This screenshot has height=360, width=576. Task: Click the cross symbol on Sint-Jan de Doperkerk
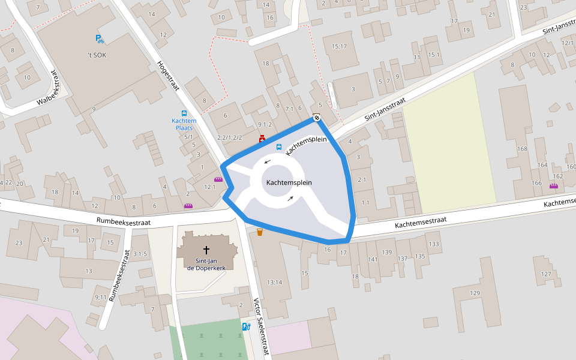pyautogui.click(x=206, y=249)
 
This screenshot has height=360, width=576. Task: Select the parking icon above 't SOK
pyautogui.click(x=99, y=40)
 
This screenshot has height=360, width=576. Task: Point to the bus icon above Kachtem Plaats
pyautogui.click(x=184, y=113)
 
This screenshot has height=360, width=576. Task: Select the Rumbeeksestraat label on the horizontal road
pyautogui.click(x=124, y=221)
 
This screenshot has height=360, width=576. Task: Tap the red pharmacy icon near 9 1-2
pyautogui.click(x=262, y=139)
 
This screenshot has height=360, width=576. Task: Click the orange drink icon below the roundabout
pyautogui.click(x=260, y=232)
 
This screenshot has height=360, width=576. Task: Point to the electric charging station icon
pyautogui.click(x=246, y=327)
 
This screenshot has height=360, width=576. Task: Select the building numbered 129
pyautogui.click(x=475, y=293)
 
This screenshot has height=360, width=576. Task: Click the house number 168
pyautogui.click(x=522, y=149)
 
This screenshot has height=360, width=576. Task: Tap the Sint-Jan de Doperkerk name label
pyautogui.click(x=206, y=265)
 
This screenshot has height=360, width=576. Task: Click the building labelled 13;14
pyautogui.click(x=275, y=282)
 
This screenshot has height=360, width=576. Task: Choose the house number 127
pyautogui.click(x=546, y=274)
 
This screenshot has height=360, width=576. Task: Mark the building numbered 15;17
pyautogui.click(x=339, y=46)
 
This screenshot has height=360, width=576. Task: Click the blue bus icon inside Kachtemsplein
pyautogui.click(x=278, y=147)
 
